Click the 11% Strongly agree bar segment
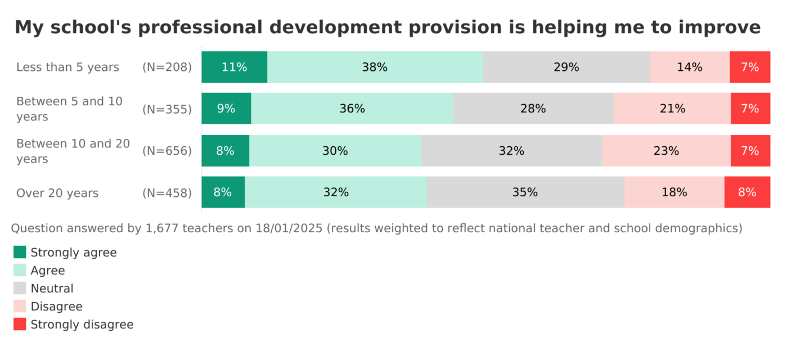pyautogui.click(x=234, y=67)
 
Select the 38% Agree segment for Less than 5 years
pyautogui.click(x=375, y=67)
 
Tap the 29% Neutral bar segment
pyautogui.click(x=566, y=67)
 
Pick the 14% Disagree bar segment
pyautogui.click(x=690, y=67)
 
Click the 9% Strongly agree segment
pyautogui.click(x=226, y=109)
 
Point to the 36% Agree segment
pyautogui.click(x=352, y=109)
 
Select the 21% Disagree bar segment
pyautogui.click(x=672, y=109)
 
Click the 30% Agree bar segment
pyautogui.click(x=335, y=151)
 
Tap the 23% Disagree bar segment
pyautogui.click(x=666, y=151)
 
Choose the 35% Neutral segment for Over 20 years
pyautogui.click(x=525, y=192)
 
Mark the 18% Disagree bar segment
pyautogui.click(x=674, y=192)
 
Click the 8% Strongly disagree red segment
pyautogui.click(x=747, y=192)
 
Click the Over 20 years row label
pyautogui.click(x=57, y=193)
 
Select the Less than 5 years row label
pyautogui.click(x=67, y=67)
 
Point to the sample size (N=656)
pyautogui.click(x=167, y=151)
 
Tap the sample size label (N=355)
pyautogui.click(x=167, y=109)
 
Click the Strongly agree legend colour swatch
pyautogui.click(x=20, y=252)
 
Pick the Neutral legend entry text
pyautogui.click(x=52, y=289)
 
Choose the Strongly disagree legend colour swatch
pyautogui.click(x=20, y=324)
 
